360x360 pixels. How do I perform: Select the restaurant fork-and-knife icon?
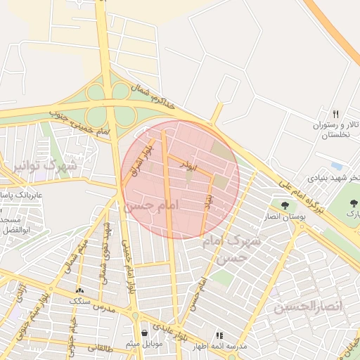tap(336, 114)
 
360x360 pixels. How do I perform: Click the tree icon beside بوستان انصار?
tap(284, 205)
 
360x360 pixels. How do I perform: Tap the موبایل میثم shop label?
tap(145, 344)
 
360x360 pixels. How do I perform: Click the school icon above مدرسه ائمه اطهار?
tap(219, 335)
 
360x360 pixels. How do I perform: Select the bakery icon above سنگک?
tap(79, 290)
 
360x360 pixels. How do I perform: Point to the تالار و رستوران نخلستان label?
tap(336, 129)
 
